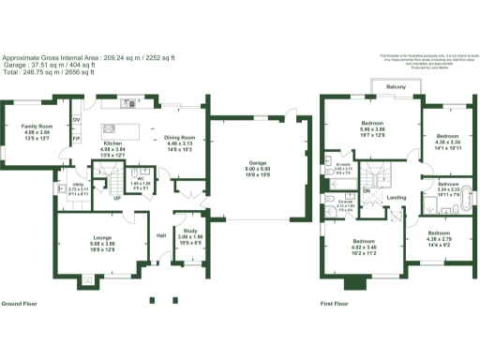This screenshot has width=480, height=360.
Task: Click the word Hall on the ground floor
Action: (161, 235)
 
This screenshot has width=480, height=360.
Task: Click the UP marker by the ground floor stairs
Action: (116, 198)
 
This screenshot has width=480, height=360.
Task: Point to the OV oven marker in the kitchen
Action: (77, 121)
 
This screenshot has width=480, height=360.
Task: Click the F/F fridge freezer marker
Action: (77, 139)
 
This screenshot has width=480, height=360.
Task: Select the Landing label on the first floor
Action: (397, 197)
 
